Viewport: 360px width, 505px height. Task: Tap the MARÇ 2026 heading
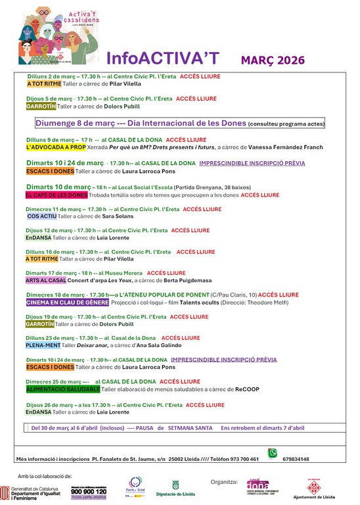pyautogui.click(x=273, y=60)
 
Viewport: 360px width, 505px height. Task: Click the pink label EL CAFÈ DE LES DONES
pyautogui.click(x=56, y=195)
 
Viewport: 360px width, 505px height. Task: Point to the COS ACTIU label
pyautogui.click(x=42, y=216)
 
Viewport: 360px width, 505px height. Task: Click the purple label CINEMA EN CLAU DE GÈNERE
pyautogui.click(x=66, y=302)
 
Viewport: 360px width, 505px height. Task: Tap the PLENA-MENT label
pyautogui.click(x=43, y=345)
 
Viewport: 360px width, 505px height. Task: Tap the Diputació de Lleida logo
pyautogui.click(x=175, y=488)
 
